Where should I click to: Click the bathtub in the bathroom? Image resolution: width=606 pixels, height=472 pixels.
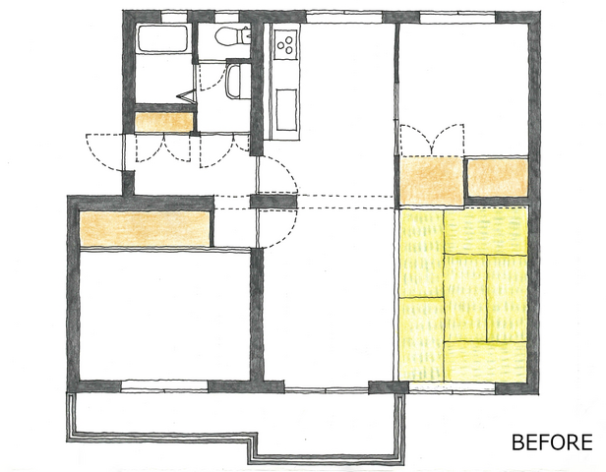point(162,38)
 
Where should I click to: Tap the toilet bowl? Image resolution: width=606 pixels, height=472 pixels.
point(232,36)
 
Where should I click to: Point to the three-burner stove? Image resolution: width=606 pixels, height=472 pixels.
point(286,45)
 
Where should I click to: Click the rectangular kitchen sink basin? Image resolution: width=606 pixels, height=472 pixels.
point(286,110)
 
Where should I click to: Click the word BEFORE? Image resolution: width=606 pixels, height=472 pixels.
point(552,442)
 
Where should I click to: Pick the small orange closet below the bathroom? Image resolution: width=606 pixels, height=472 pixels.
point(164,122)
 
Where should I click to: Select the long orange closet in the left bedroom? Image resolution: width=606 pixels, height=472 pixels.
point(145,229)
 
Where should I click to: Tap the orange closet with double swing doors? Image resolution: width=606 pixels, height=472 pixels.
point(431,180)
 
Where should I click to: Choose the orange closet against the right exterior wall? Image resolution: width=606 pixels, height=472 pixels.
point(498,178)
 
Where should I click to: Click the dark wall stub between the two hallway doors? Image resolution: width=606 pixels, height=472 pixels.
point(273,202)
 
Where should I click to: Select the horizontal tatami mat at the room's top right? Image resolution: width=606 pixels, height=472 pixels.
point(486,231)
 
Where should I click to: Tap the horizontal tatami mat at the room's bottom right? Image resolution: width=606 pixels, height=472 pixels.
point(486,362)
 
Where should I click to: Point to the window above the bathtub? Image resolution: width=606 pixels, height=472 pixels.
point(173,17)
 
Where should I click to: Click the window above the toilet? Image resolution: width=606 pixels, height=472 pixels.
point(226,17)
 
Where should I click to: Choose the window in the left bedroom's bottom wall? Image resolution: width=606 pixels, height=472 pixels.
point(164,386)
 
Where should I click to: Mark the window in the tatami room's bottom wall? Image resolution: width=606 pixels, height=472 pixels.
point(452,387)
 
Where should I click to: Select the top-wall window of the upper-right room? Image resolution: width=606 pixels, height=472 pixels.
point(457,18)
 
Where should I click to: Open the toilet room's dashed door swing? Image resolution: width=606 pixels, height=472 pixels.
point(212,78)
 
